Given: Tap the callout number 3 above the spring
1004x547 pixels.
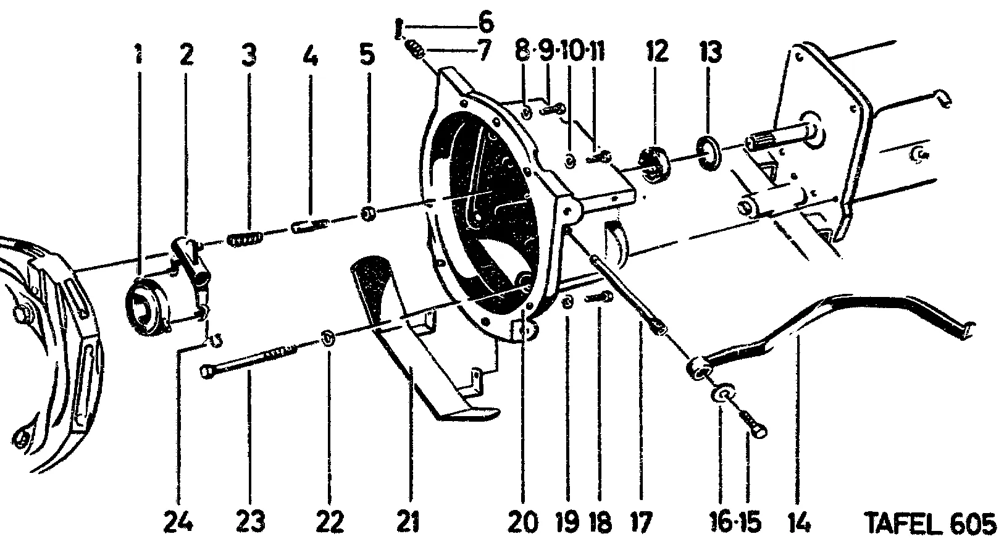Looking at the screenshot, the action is tap(249, 56).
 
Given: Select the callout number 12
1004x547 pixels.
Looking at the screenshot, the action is tap(657, 52).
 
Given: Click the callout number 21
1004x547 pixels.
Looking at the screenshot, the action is tap(408, 523).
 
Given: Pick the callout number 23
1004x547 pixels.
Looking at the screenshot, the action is tap(250, 523).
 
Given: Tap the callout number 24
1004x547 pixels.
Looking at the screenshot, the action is tap(178, 523).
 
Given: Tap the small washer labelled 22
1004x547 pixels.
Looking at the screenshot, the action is tap(327, 339).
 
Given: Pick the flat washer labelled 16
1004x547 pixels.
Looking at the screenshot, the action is tap(721, 395).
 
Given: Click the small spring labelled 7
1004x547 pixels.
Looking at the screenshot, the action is tap(416, 48).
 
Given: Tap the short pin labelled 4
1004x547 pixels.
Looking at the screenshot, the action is tap(307, 227).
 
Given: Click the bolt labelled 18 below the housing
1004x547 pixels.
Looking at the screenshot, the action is tap(600, 299).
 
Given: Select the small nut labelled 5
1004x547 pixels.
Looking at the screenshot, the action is tap(368, 214).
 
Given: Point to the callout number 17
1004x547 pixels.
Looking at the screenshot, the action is tap(640, 523).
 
